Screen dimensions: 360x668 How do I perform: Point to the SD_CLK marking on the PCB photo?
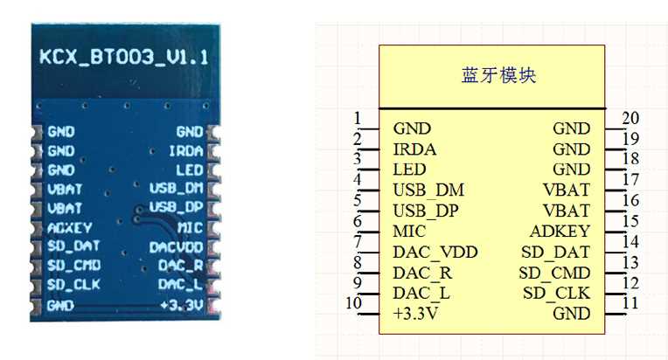67,285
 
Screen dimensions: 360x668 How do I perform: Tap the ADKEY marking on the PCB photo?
65,227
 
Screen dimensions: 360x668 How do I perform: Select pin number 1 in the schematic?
358,119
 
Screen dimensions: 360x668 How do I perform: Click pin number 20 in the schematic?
630,119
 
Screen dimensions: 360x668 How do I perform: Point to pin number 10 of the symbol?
354,303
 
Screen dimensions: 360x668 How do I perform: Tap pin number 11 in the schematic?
630,303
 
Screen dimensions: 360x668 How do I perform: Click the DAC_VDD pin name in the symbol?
435,253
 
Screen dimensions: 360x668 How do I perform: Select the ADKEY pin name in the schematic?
560,232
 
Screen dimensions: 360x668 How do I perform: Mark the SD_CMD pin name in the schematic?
553,273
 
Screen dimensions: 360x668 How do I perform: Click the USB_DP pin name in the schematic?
426,211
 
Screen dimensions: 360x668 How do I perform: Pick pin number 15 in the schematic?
630,221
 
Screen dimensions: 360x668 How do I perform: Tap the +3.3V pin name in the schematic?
415,313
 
